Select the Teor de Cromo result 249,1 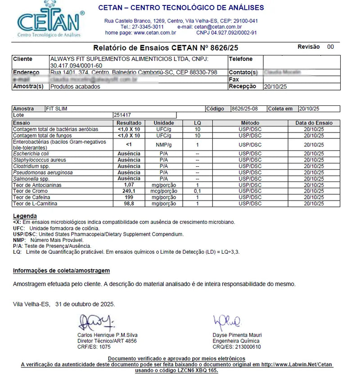pyautogui.click(x=129, y=191)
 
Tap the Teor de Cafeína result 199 pyautogui.click(x=129, y=198)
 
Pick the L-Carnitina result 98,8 pyautogui.click(x=129, y=204)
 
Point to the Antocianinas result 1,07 pyautogui.click(x=129, y=185)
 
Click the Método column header pyautogui.click(x=250, y=123)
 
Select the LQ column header pyautogui.click(x=198, y=123)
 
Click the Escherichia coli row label pyautogui.click(x=31, y=154)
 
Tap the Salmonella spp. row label pyautogui.click(x=31, y=179)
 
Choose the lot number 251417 pyautogui.click(x=122, y=115)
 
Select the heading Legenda pyautogui.click(x=25, y=216)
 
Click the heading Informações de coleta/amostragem pyautogui.click(x=61, y=271)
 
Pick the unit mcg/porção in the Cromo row pyautogui.click(x=164, y=191)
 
